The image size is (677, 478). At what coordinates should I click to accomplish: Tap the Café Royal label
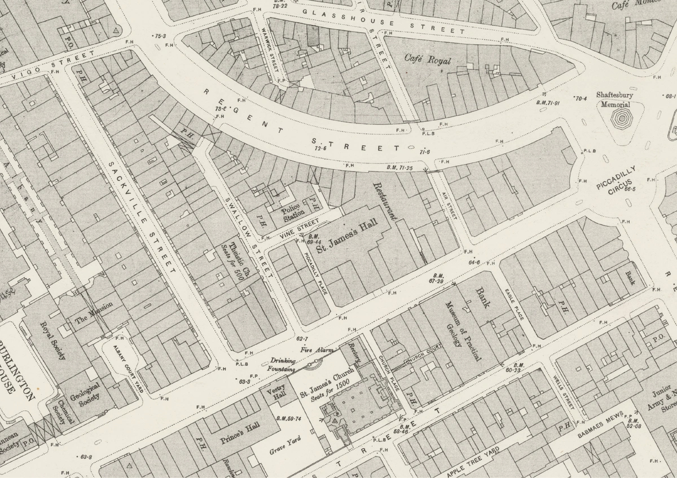pyautogui.click(x=428, y=59)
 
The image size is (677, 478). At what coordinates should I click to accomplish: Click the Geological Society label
pyautogui.click(x=89, y=392)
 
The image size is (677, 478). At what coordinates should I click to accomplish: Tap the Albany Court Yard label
pyautogui.click(x=128, y=369)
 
